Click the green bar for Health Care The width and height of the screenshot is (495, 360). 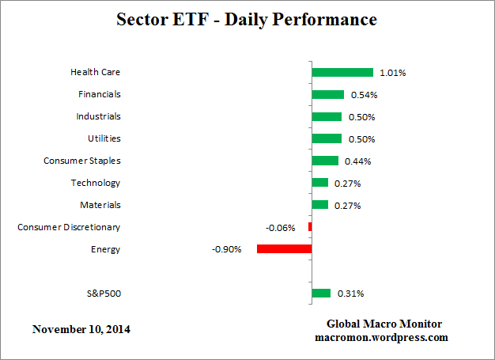click(342, 73)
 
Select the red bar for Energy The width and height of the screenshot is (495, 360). click(284, 249)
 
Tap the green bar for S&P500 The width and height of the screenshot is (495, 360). click(321, 294)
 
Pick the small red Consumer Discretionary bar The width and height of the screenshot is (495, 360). click(310, 227)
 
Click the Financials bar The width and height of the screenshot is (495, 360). click(328, 95)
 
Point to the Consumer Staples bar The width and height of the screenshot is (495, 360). click(325, 161)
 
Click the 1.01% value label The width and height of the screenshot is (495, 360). click(393, 73)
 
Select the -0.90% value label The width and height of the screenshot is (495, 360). click(226, 249)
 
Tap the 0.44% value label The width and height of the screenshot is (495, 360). click(358, 161)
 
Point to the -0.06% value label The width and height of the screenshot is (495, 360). click(281, 228)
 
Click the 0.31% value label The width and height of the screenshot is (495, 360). click(350, 294)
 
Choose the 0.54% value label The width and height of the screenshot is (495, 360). click(364, 95)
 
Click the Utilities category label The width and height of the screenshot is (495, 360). click(104, 138)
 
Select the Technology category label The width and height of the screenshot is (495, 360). click(96, 183)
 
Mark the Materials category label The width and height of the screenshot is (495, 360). click(100, 205)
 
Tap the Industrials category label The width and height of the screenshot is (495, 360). click(98, 116)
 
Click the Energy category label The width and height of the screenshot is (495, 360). click(106, 249)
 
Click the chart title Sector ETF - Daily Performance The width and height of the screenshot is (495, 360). click(247, 18)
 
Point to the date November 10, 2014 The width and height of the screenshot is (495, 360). click(81, 328)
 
